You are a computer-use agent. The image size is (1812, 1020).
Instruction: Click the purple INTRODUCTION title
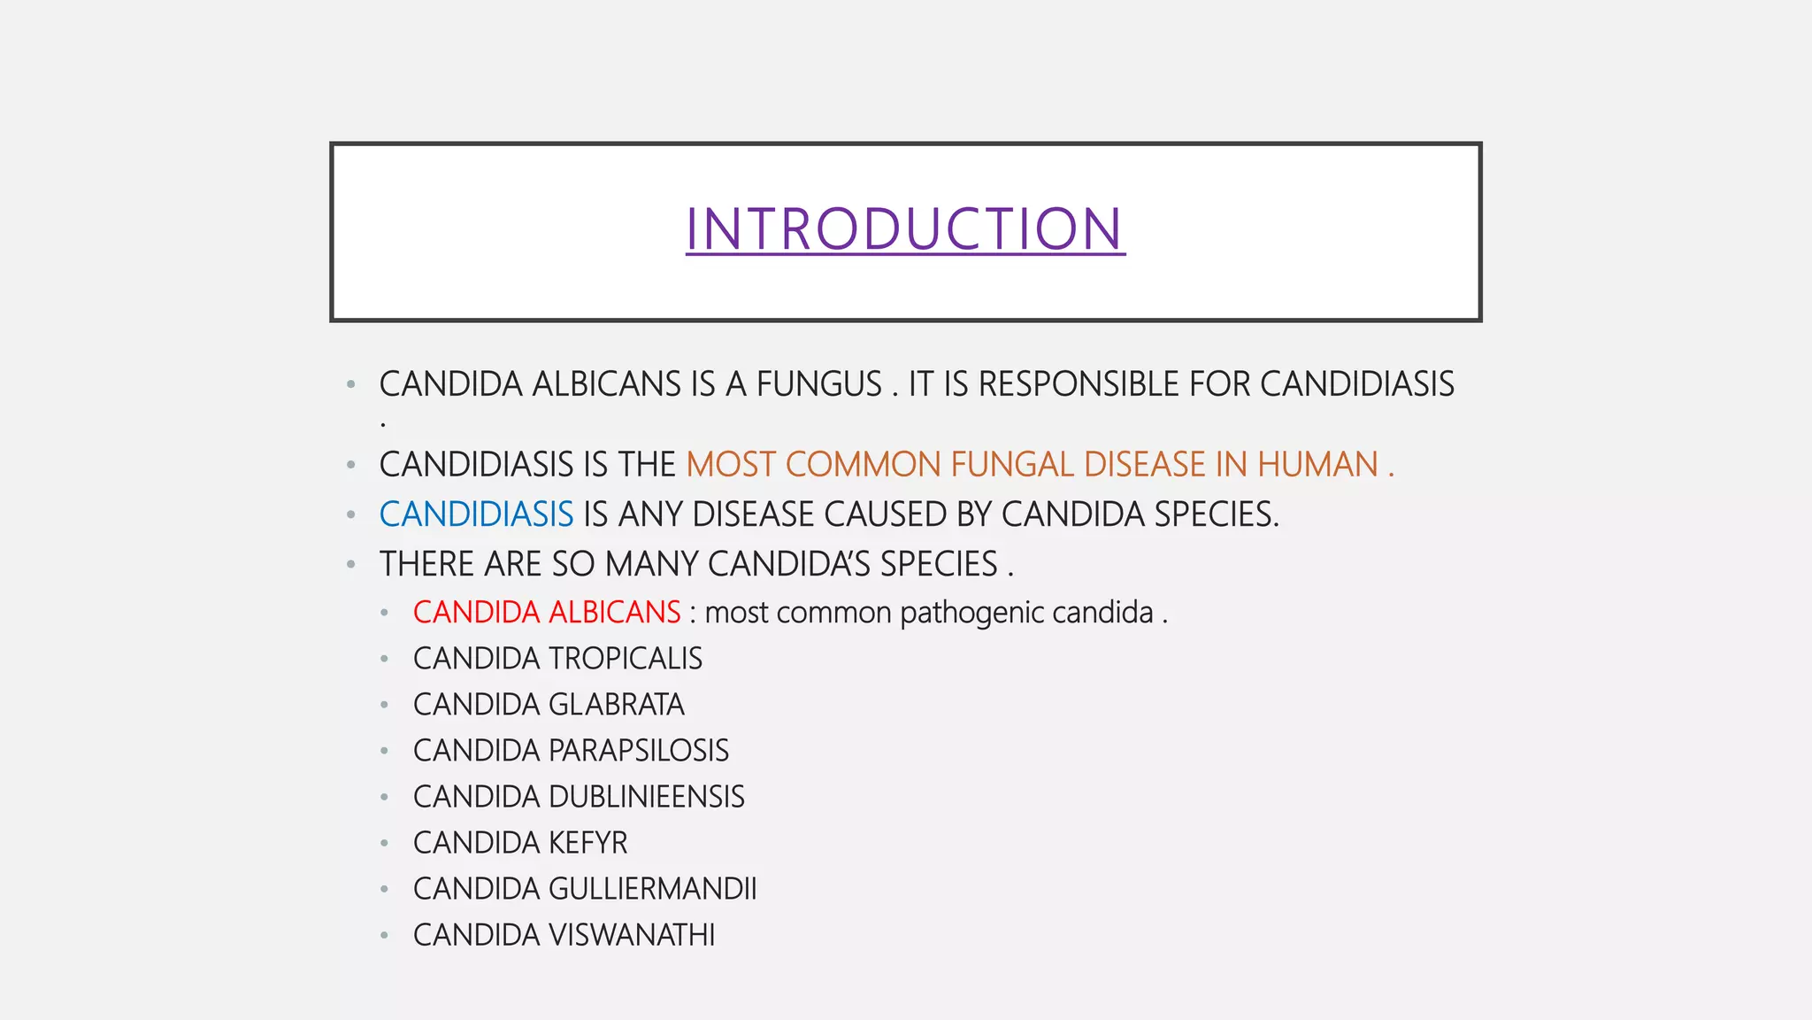tap(905, 229)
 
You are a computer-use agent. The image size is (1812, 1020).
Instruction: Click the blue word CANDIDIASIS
tap(476, 514)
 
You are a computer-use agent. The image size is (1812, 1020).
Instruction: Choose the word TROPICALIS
tap(625, 659)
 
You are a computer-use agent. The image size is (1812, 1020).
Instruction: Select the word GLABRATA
tap(616, 705)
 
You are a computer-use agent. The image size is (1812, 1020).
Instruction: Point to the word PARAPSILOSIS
tap(638, 751)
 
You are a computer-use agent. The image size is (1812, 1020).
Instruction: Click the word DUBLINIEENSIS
tap(646, 797)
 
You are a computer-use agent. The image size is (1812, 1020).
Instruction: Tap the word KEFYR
tap(587, 843)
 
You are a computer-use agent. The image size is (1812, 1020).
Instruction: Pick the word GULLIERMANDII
tap(652, 889)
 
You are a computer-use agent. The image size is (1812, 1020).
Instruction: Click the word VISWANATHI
tap(631, 935)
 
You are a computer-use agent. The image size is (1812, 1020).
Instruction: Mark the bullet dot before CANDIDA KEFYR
tap(384, 843)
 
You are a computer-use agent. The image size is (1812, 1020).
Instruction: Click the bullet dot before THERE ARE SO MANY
tap(351, 564)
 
